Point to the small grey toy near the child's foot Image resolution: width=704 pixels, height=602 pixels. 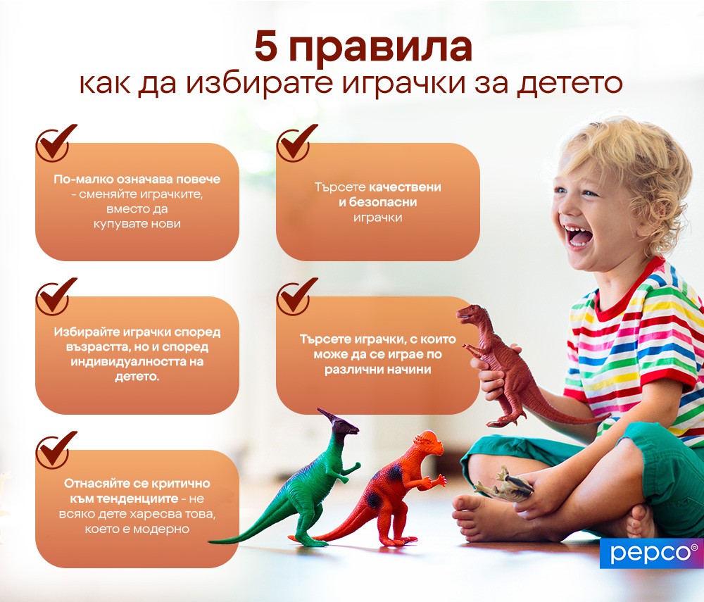coord(504,485)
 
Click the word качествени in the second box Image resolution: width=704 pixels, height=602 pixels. coord(406,187)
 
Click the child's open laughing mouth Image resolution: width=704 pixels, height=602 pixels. coord(580,236)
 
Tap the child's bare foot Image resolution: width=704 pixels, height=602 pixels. coord(486,518)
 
